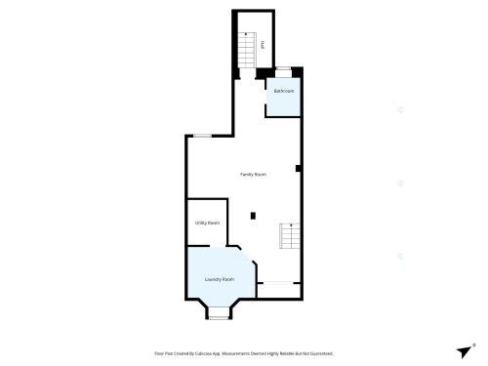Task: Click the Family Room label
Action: [x=254, y=174]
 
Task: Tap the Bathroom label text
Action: [x=284, y=91]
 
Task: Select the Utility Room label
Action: [x=207, y=223]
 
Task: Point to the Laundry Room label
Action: [x=220, y=280]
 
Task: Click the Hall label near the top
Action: [x=262, y=43]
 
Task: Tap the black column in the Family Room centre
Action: [x=253, y=215]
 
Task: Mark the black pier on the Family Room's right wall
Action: [x=299, y=168]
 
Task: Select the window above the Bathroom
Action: [x=284, y=69]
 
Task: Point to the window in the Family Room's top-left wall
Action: [x=201, y=136]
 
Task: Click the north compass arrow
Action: [x=464, y=351]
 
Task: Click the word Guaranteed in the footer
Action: [x=321, y=353]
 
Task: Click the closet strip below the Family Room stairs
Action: [x=279, y=283]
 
